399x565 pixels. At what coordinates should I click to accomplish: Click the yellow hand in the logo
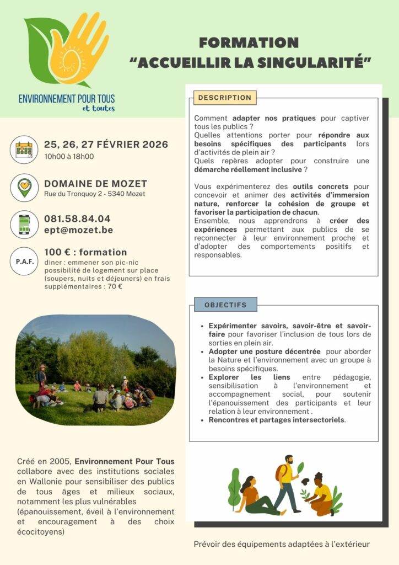click(77, 47)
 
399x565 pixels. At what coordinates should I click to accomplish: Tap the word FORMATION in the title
click(249, 43)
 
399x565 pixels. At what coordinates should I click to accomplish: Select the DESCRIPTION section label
click(225, 98)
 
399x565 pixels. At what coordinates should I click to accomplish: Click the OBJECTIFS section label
click(225, 305)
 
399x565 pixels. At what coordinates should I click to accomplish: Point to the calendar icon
click(24, 150)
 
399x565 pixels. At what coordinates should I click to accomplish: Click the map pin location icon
click(24, 188)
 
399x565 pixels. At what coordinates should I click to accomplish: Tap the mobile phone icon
click(24, 224)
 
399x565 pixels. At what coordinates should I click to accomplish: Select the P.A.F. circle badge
click(24, 262)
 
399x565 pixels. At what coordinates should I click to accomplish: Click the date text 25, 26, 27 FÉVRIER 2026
click(106, 145)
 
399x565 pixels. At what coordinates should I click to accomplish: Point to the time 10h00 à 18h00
click(69, 156)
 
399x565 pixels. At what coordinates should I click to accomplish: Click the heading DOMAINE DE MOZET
click(95, 184)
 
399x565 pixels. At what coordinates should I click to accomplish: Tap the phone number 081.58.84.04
click(77, 218)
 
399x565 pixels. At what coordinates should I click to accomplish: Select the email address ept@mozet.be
click(78, 230)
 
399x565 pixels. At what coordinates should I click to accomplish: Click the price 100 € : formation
click(85, 252)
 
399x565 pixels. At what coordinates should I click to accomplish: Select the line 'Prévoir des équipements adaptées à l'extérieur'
click(282, 544)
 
